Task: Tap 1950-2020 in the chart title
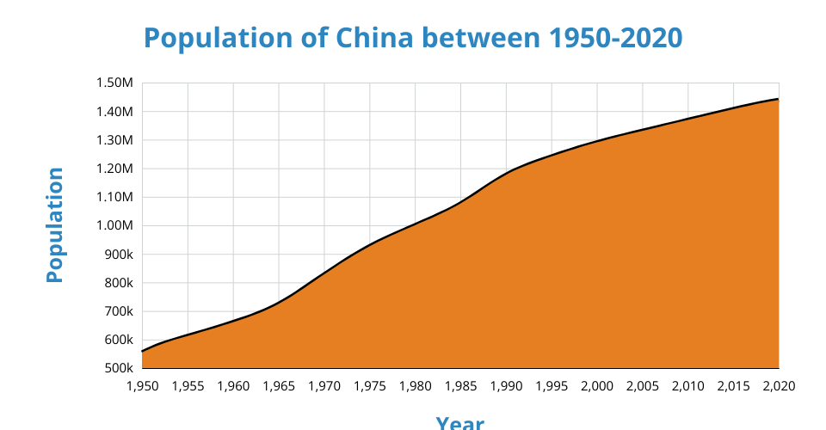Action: tap(612, 39)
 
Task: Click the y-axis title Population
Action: tap(54, 225)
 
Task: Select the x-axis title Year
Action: tap(459, 423)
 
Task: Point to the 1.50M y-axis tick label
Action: tap(114, 83)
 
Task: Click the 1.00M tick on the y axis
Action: tap(114, 226)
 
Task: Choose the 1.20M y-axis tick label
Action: tap(114, 169)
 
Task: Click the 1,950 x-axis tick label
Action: tap(142, 385)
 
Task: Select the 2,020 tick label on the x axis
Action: tap(779, 385)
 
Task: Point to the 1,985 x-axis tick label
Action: tap(460, 385)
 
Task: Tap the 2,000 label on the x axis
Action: tap(597, 385)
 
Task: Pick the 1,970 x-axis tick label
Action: tap(324, 385)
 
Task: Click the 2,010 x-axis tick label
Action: tap(687, 385)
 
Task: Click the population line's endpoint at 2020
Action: tap(779, 99)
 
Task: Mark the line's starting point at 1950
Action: tap(143, 351)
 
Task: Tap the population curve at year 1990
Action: tap(506, 172)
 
